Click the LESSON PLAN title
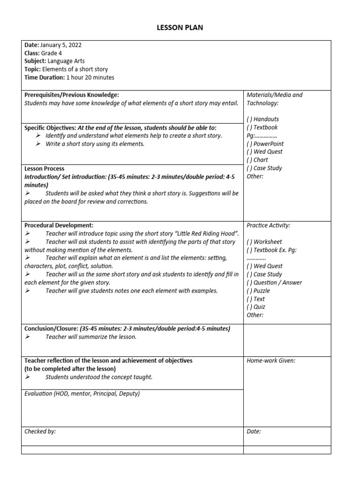[x=180, y=28]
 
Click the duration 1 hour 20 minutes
[x=90, y=77]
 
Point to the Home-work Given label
[x=271, y=360]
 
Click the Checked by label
[x=40, y=431]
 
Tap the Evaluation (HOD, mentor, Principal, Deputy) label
[x=82, y=394]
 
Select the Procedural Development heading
[x=59, y=225]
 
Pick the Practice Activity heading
[x=268, y=225]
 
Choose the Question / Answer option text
[x=277, y=283]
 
